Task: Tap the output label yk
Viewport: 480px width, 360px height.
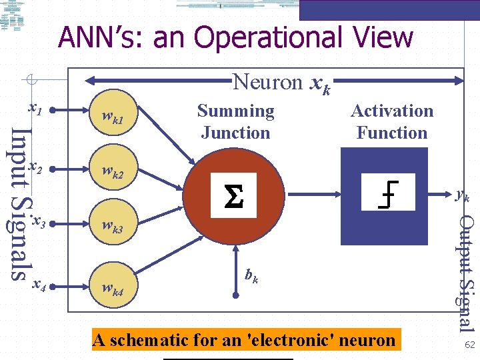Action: [462, 195]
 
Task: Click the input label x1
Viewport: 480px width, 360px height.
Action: [36, 107]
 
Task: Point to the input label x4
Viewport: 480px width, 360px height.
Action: [39, 286]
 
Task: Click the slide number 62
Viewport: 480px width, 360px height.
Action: [469, 345]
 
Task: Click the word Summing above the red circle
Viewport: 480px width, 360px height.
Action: [235, 111]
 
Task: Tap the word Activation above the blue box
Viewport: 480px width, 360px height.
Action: [392, 111]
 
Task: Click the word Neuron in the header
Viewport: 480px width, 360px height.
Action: [267, 82]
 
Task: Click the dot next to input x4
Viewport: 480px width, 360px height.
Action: [51, 288]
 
